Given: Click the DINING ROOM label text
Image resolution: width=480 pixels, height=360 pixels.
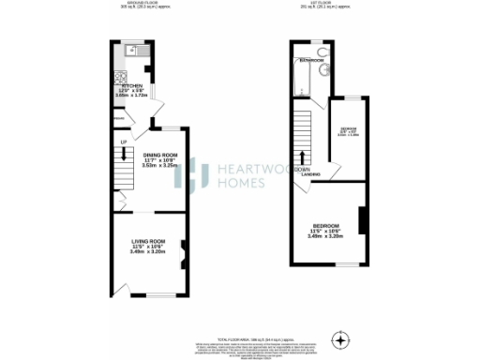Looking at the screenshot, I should coord(159,154).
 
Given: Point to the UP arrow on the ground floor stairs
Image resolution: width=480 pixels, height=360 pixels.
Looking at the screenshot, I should coord(121,142).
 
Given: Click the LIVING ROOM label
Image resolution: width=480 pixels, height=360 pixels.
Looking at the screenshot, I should coord(148,241).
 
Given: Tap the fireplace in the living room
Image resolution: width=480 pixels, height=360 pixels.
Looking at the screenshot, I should coord(183,247).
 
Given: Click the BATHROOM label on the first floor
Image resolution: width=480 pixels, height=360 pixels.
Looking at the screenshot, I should coord(310,60).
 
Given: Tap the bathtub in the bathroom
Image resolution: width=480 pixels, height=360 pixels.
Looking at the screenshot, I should coord(300,80).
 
